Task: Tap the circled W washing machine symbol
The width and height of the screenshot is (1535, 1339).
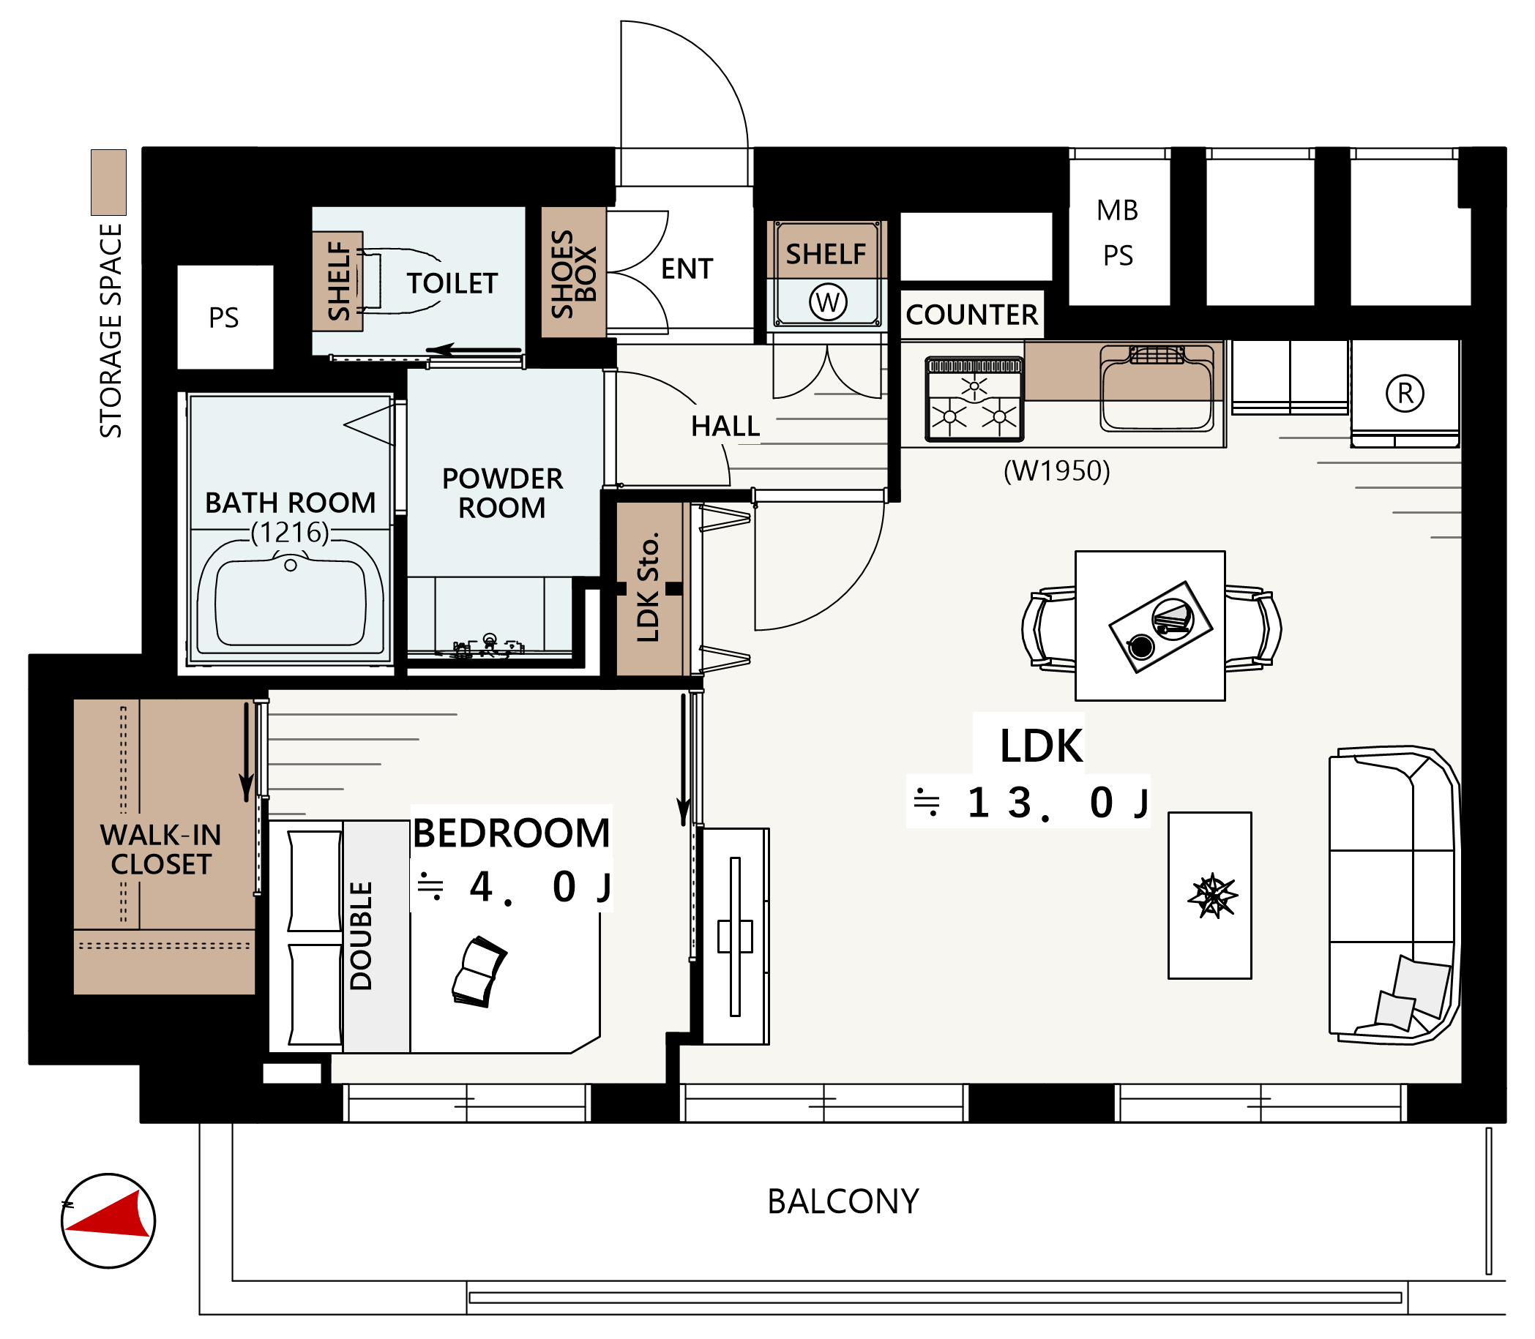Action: (827, 303)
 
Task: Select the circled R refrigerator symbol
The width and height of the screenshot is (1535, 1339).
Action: (1404, 393)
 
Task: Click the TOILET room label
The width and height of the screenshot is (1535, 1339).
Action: (452, 284)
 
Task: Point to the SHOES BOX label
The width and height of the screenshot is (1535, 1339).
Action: (573, 274)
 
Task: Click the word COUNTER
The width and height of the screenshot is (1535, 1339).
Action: (971, 315)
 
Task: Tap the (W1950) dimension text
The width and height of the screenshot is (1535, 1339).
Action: (1057, 470)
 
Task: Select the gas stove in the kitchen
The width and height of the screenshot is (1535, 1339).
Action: (974, 399)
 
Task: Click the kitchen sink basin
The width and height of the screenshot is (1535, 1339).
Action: (1156, 389)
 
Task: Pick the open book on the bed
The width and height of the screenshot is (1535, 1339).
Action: (479, 972)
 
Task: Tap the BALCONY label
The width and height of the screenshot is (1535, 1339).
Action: (843, 1201)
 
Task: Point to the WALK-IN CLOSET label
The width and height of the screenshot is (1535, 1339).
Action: (161, 849)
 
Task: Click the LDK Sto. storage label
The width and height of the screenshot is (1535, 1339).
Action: (648, 588)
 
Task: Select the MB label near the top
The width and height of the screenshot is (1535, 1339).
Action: (1117, 211)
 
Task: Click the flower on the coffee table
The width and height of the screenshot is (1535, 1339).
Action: (1211, 895)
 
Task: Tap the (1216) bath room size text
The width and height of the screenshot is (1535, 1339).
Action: (290, 533)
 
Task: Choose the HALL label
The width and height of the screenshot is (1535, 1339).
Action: (725, 427)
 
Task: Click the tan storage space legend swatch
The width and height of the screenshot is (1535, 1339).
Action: (108, 182)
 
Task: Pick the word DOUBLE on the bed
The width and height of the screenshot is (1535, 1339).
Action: (361, 936)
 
